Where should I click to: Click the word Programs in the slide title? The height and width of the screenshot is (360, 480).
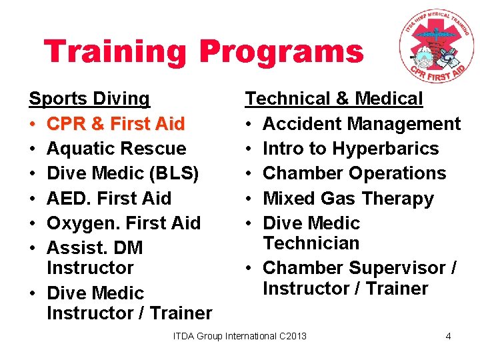(x=281, y=53)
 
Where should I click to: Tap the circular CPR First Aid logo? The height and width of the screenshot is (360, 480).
(x=436, y=48)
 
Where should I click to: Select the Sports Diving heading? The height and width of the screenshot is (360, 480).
(x=89, y=99)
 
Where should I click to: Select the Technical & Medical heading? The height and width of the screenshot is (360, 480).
(x=333, y=99)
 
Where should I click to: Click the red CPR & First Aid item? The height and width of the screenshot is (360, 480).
(x=115, y=123)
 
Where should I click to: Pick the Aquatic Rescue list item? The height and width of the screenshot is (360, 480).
(x=116, y=148)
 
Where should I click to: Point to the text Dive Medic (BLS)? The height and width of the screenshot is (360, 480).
(x=123, y=173)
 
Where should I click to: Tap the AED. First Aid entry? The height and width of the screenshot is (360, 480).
(x=109, y=198)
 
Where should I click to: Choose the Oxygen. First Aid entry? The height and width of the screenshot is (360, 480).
(x=123, y=223)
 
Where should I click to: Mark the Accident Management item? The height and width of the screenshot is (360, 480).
(x=361, y=123)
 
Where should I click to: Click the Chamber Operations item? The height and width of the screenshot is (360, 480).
(x=354, y=173)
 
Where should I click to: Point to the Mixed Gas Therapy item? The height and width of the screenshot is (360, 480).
(x=348, y=198)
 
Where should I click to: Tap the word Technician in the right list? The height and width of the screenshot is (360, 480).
(x=311, y=243)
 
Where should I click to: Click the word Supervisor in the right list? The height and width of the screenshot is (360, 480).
(x=402, y=268)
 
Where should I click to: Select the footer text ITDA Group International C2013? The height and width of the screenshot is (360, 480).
(x=240, y=336)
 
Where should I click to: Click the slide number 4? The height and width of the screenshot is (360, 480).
(x=448, y=336)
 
